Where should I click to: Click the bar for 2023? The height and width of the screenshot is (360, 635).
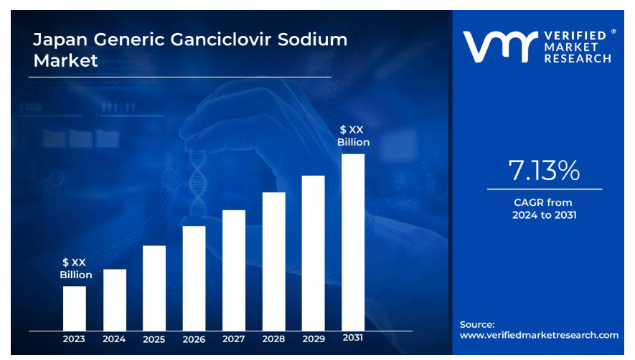(x=74, y=308)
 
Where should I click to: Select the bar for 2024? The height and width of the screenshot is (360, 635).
(x=114, y=300)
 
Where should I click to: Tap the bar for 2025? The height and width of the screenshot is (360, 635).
(x=154, y=288)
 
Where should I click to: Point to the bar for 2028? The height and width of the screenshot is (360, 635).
(x=273, y=261)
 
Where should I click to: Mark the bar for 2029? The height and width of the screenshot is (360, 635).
(x=313, y=252)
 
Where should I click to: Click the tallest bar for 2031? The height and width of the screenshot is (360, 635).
(x=353, y=242)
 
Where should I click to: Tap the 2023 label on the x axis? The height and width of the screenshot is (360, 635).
(x=74, y=339)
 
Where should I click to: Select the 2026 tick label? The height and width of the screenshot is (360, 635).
(x=194, y=339)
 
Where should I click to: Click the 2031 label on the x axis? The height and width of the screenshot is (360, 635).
(x=353, y=338)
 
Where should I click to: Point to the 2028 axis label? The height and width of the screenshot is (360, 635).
(x=273, y=339)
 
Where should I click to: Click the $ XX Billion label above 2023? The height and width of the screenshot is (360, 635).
(x=75, y=268)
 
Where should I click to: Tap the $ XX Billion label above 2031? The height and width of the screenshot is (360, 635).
(x=353, y=136)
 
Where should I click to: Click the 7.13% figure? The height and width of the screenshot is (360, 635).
(x=545, y=171)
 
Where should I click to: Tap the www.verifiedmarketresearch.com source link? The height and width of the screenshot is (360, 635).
(x=539, y=335)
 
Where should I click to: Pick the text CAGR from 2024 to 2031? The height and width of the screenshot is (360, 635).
(x=545, y=209)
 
